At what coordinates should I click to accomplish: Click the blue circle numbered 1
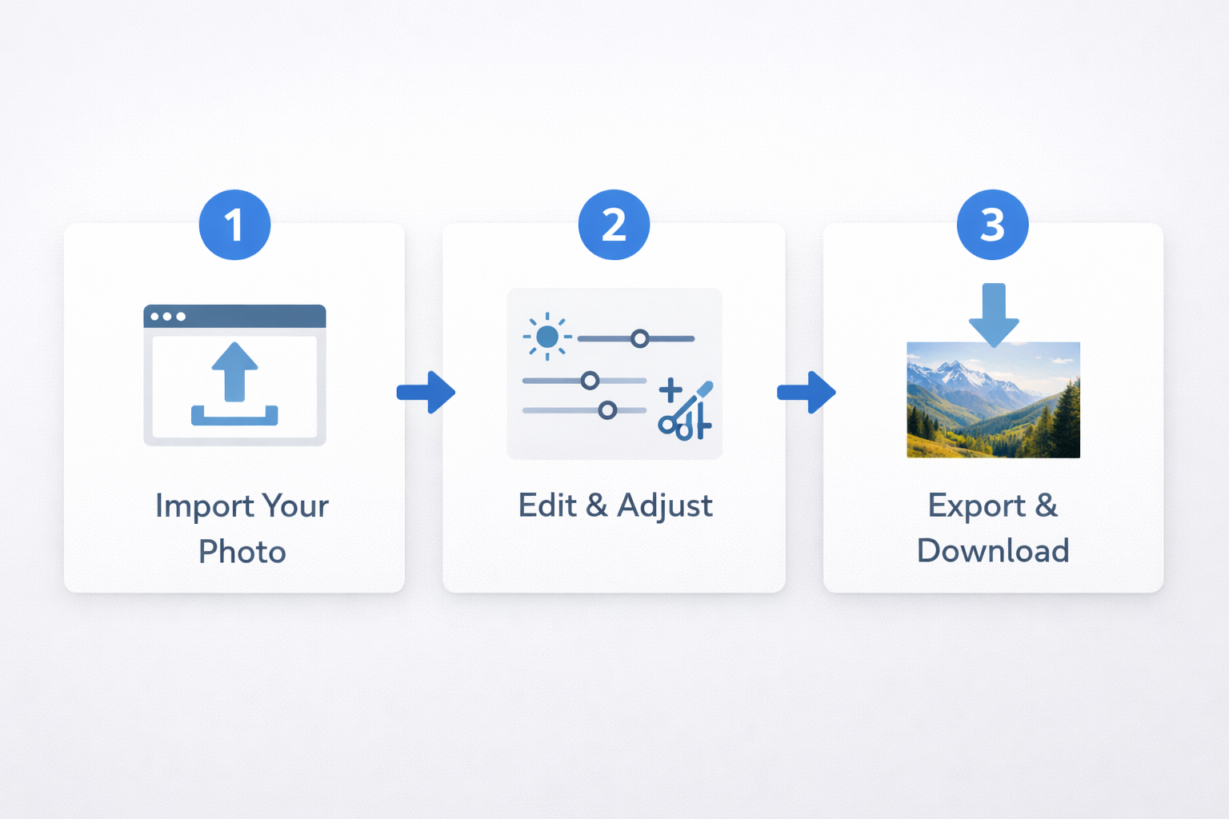pos(234,225)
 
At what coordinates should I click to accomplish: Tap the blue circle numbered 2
pos(614,225)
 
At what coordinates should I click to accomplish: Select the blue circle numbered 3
pos(992,225)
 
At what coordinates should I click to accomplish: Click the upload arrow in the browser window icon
pos(234,372)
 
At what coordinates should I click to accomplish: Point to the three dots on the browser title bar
pos(168,317)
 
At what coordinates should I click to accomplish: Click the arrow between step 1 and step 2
pos(426,392)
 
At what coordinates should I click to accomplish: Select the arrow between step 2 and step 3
pos(806,392)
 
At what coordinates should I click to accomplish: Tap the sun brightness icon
pos(547,336)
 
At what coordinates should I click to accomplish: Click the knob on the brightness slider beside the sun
pos(639,338)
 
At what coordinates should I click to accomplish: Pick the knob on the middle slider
pos(590,380)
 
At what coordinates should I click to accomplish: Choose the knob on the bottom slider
pos(607,409)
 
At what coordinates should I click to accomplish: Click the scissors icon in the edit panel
pos(686,411)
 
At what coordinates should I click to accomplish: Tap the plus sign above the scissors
pos(671,390)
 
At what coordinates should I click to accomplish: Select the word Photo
pos(242,551)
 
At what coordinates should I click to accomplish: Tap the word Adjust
pos(665,506)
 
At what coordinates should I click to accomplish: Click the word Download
pos(993,551)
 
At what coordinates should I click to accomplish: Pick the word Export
pos(977,506)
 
